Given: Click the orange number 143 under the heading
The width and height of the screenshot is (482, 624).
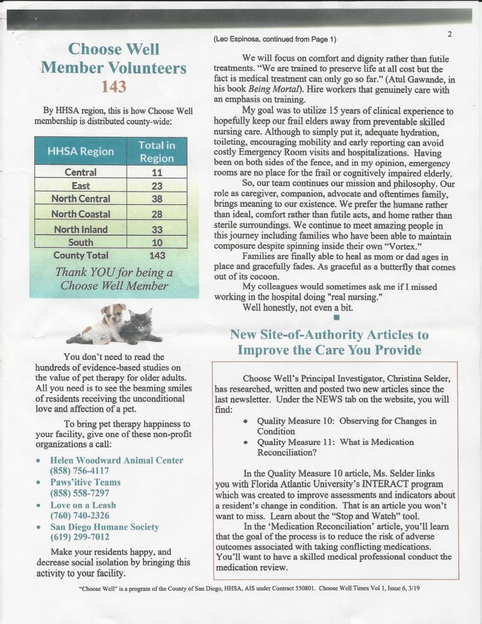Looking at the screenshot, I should pos(114,87).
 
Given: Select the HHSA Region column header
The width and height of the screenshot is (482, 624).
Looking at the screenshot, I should pos(80,151).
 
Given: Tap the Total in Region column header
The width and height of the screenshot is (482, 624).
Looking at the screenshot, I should pos(157,151).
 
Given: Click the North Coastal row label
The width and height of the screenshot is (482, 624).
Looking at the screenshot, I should pos(81,213).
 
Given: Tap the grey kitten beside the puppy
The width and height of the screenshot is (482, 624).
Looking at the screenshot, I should pos(140,329).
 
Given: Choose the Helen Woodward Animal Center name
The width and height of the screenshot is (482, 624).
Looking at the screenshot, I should pos(116,461).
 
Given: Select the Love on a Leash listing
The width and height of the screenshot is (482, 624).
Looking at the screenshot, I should pos(83,505).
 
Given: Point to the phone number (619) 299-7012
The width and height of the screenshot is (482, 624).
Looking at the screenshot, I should pos(79,537).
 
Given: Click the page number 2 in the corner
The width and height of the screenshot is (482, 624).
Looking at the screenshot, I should pos(449,34).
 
